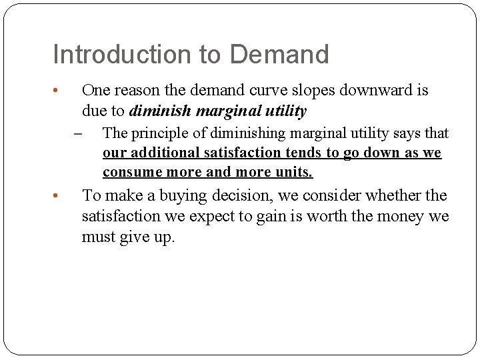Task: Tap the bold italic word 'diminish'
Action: click(160, 111)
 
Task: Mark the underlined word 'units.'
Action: click(293, 172)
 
